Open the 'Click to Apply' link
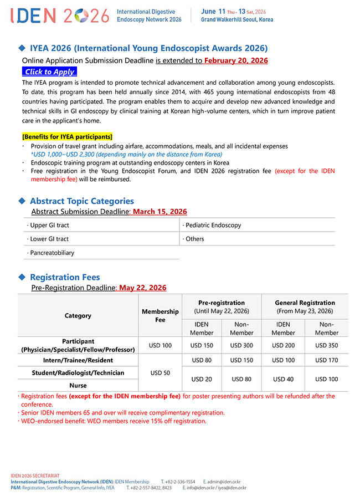point(49,71)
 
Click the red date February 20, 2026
point(236,60)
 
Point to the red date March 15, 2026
point(160,212)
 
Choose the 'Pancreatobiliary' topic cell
point(51,253)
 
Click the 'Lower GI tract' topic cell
point(48,239)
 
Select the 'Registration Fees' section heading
point(65,277)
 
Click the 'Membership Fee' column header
point(160,315)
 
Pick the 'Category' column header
point(78,315)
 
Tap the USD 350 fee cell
point(326,345)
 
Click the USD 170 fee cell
point(326,360)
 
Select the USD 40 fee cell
point(283,379)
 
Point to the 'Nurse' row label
point(78,385)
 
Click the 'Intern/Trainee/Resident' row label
point(78,360)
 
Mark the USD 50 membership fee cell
point(160,373)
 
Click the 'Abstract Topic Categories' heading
point(81,201)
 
